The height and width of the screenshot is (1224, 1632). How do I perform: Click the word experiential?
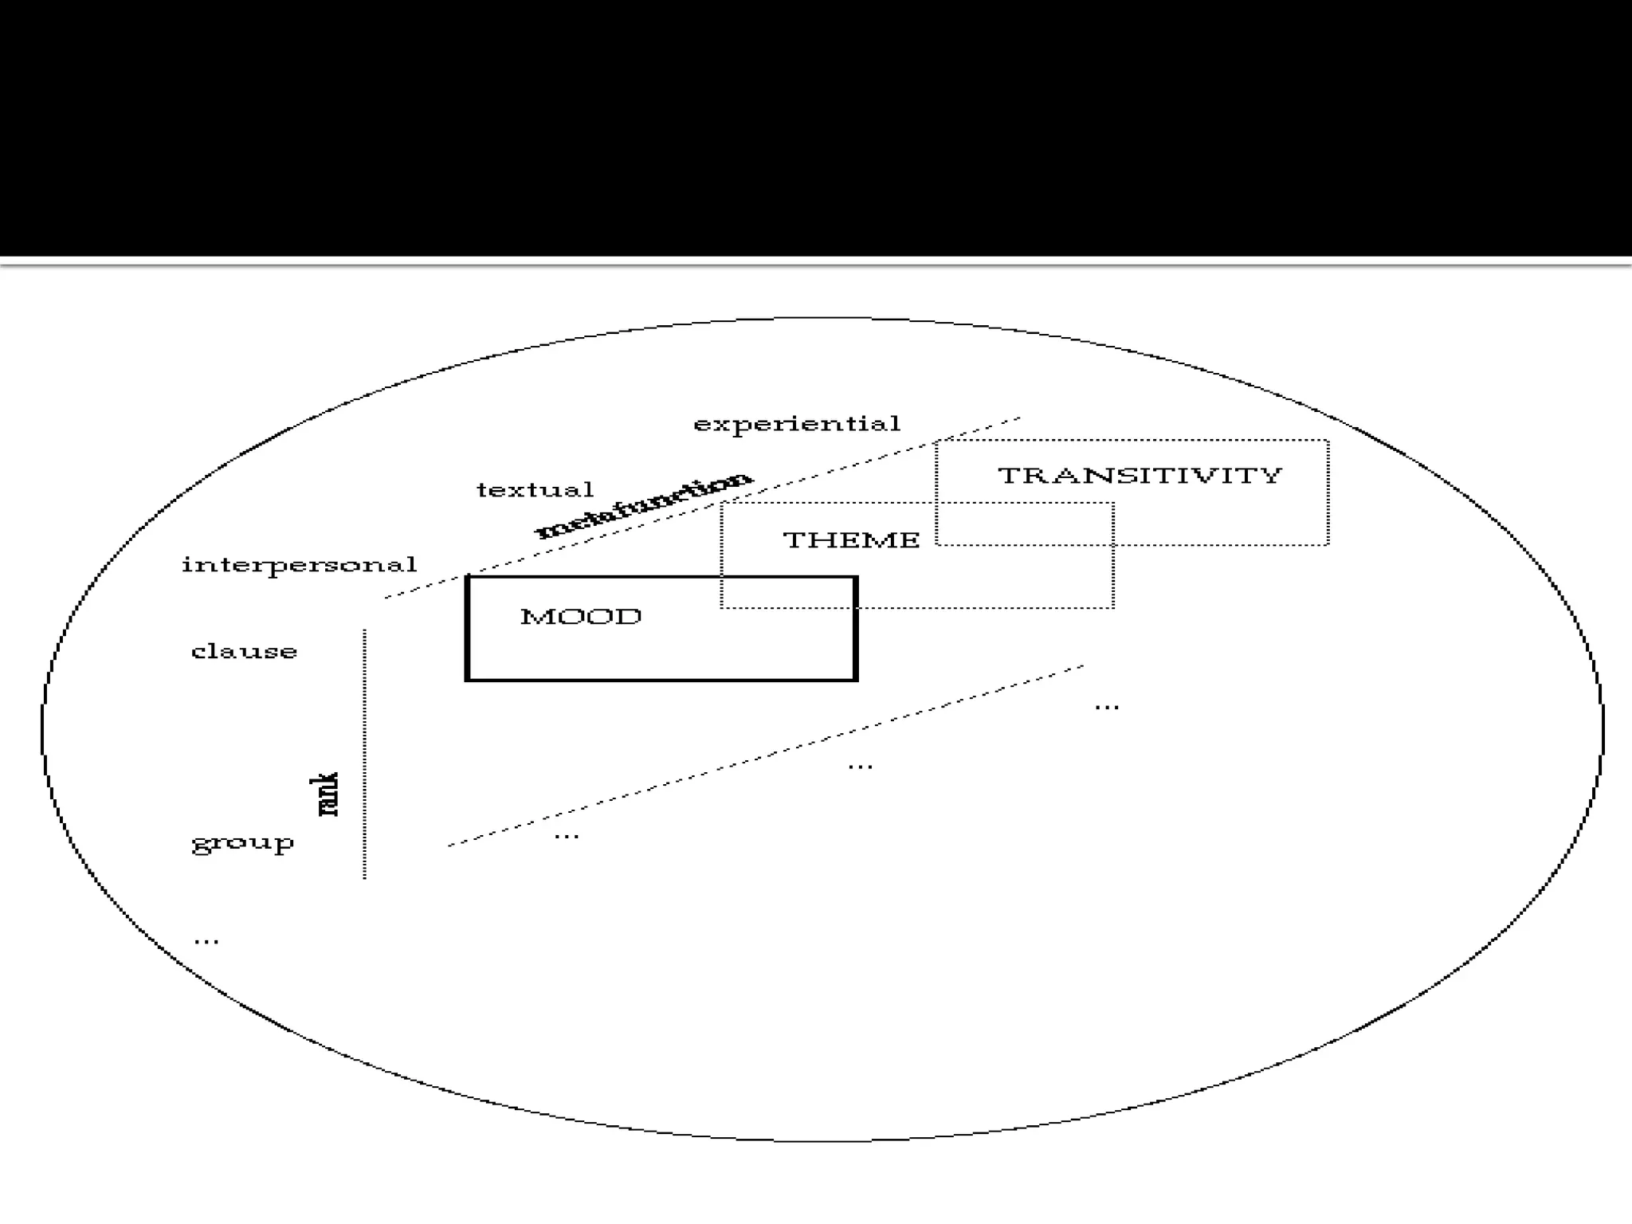point(796,424)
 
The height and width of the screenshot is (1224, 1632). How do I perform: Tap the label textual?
point(535,489)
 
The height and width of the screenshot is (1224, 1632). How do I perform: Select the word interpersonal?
point(299,565)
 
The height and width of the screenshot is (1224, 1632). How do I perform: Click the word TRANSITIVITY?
point(1140,476)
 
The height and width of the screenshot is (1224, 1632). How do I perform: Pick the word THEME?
point(851,540)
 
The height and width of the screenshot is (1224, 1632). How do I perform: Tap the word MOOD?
point(580,617)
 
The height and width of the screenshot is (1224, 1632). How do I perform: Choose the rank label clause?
point(244,652)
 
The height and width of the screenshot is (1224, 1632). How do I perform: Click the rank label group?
point(242,843)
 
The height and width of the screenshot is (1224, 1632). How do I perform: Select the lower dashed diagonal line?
point(765,756)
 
